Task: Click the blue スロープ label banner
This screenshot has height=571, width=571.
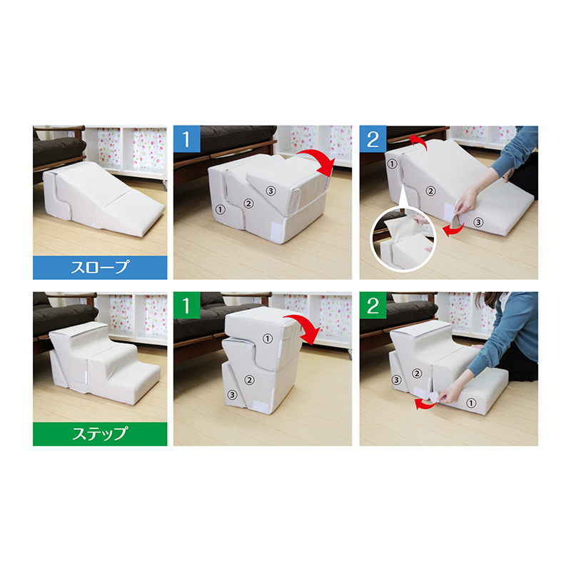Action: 100,267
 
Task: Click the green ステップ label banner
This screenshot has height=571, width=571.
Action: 100,434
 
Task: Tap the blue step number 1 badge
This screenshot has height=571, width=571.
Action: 187,138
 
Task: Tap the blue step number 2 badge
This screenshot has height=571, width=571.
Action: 373,138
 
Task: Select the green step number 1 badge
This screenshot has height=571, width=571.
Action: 187,305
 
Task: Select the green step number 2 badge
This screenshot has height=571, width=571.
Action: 373,305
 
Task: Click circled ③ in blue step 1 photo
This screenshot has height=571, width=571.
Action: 271,191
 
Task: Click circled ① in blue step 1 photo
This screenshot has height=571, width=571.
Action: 220,209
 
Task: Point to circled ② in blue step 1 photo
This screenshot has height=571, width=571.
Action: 248,203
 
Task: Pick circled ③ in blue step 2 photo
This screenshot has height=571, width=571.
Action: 478,222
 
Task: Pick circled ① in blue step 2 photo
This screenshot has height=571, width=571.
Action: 392,164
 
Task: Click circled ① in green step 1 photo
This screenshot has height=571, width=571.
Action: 268,338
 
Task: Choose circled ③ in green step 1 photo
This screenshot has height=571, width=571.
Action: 232,395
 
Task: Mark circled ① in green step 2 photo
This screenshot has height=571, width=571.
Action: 471,403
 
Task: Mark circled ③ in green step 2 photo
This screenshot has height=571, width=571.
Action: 396,380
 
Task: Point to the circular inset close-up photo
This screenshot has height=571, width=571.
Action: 403,240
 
